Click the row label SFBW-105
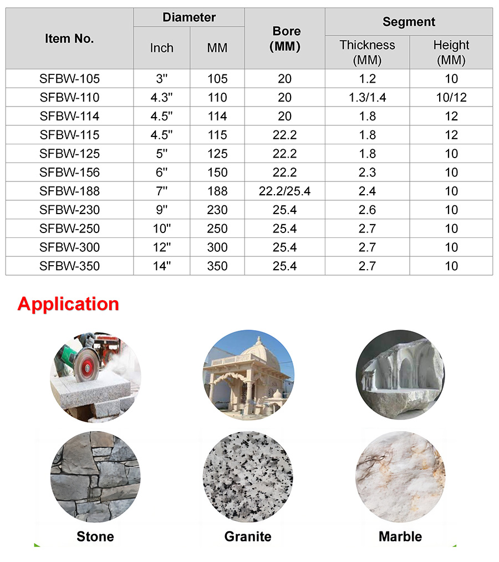(69, 79)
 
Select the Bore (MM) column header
(284, 39)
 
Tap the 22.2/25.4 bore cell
(284, 191)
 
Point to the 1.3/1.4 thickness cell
(367, 98)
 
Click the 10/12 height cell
(451, 98)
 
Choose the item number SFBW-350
(69, 266)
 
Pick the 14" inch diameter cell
(161, 266)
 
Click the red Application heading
(68, 304)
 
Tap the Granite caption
(248, 536)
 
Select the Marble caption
(400, 536)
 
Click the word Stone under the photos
(95, 536)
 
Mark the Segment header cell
(409, 22)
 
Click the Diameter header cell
(189, 18)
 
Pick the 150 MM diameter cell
(217, 173)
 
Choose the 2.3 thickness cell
(367, 173)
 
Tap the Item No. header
(69, 39)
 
